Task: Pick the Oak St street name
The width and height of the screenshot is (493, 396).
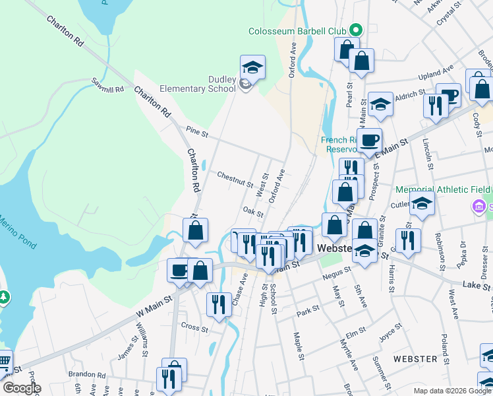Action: pos(252,212)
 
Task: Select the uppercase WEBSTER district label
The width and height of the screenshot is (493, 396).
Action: pos(415,359)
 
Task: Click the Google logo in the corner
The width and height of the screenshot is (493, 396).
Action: pos(22,388)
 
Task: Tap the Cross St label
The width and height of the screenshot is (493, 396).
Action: pos(194,328)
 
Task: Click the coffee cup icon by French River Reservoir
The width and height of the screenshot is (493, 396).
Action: pos(370,140)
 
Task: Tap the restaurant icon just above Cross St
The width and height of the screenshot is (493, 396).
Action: pos(218,304)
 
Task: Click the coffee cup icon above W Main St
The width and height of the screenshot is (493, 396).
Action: pos(179,270)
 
